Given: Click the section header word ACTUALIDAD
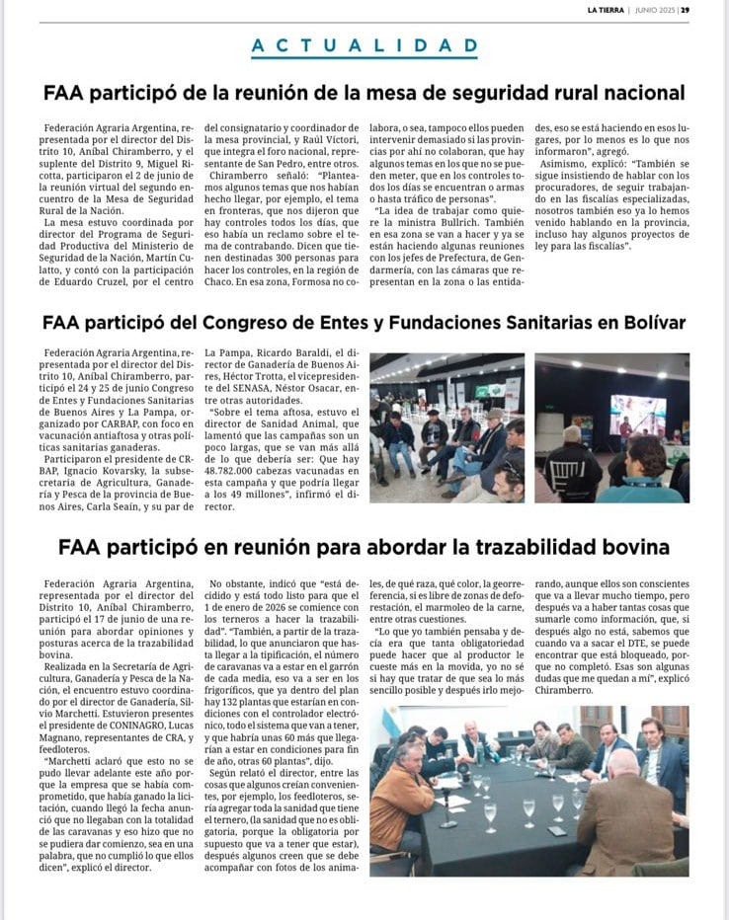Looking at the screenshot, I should (x=364, y=46).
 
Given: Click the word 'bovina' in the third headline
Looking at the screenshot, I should (x=638, y=547).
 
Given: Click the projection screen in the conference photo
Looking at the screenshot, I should (x=637, y=415).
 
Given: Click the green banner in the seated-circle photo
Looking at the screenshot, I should (x=484, y=391).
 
